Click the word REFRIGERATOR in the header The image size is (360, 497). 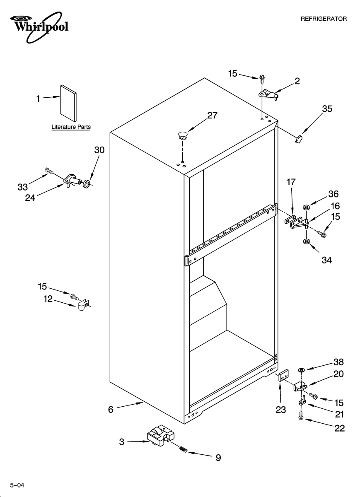tap(324, 19)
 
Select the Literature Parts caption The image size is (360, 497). tap(71, 127)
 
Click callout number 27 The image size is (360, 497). tap(212, 116)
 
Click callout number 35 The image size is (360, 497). tap(327, 109)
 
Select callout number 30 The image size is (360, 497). tap(99, 150)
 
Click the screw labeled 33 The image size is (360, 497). tap(49, 170)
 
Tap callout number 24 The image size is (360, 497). tap(30, 198)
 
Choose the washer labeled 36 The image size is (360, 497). tap(307, 206)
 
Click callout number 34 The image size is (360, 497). tap(326, 260)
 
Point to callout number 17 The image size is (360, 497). tap(291, 181)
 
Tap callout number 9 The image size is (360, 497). tap(217, 458)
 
